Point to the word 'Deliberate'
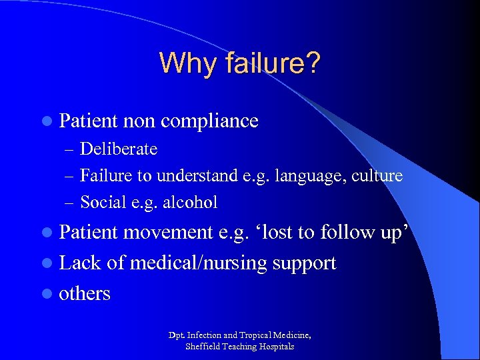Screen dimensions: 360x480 coord(119,149)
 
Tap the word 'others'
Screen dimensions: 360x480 coord(85,294)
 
